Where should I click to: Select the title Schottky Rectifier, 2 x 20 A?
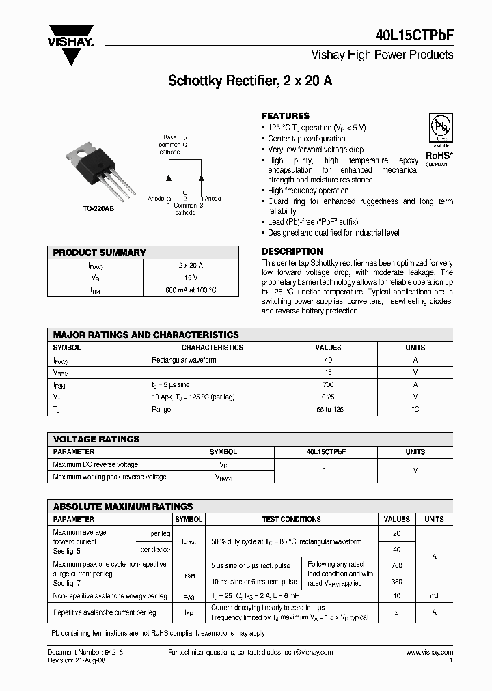250,81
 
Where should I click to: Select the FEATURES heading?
286,116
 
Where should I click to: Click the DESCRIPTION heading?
292,251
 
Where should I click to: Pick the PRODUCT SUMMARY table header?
100,253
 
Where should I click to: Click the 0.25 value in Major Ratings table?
328,397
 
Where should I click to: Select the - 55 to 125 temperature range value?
328,410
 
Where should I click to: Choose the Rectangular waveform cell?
184,360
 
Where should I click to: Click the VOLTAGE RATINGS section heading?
96,439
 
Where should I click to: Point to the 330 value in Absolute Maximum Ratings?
396,582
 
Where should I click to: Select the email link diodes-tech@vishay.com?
297,653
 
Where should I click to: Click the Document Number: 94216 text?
85,653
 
